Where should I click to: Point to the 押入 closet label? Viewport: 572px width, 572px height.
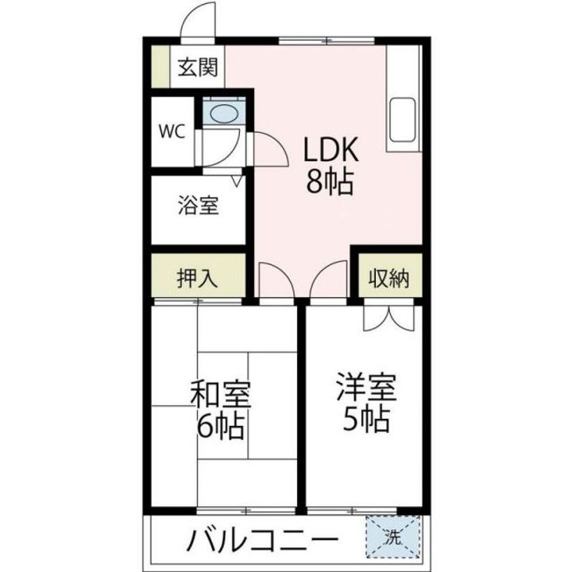(x=197, y=278)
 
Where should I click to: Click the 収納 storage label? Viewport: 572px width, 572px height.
(x=388, y=278)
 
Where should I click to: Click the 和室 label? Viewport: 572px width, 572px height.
(x=220, y=394)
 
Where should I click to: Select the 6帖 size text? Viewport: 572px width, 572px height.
(x=220, y=429)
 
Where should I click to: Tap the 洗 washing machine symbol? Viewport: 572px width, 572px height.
(x=392, y=538)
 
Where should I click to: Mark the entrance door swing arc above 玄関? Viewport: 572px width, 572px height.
(x=197, y=22)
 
